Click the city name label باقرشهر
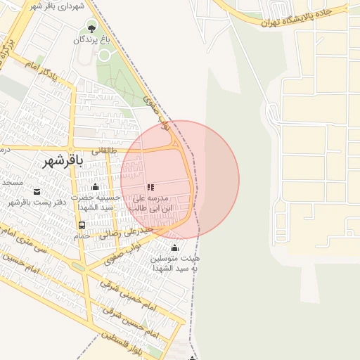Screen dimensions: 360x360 pyautogui.click(x=63, y=161)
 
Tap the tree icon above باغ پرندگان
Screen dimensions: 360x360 pyautogui.click(x=91, y=29)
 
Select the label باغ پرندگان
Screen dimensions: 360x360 pyautogui.click(x=89, y=41)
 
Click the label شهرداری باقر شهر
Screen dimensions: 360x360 pyautogui.click(x=58, y=6)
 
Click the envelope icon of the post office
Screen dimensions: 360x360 pyautogui.click(x=37, y=191)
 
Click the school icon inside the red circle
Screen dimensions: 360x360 pyautogui.click(x=150, y=188)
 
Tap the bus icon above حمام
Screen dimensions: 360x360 pyautogui.click(x=82, y=225)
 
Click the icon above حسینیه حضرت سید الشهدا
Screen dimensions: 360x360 pyautogui.click(x=96, y=186)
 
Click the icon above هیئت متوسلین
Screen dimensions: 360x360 pyautogui.click(x=174, y=247)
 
